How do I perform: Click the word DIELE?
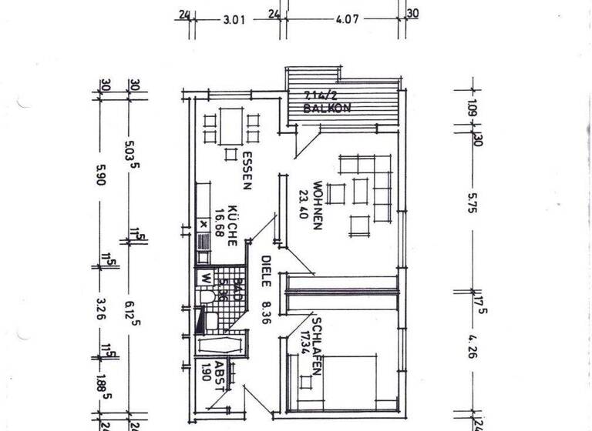click(265, 270)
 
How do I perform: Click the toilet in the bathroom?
click(206, 297)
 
